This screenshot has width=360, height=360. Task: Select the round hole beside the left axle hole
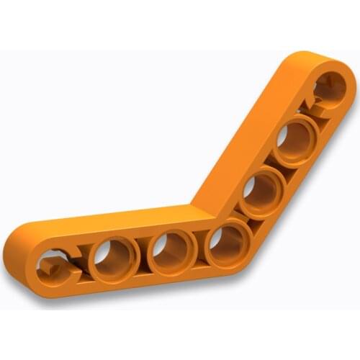pos(113,258)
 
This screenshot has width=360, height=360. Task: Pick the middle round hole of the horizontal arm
pos(171,252)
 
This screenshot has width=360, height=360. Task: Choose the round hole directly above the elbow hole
pos(260,192)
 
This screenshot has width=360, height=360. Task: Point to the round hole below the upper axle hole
pos(295,139)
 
